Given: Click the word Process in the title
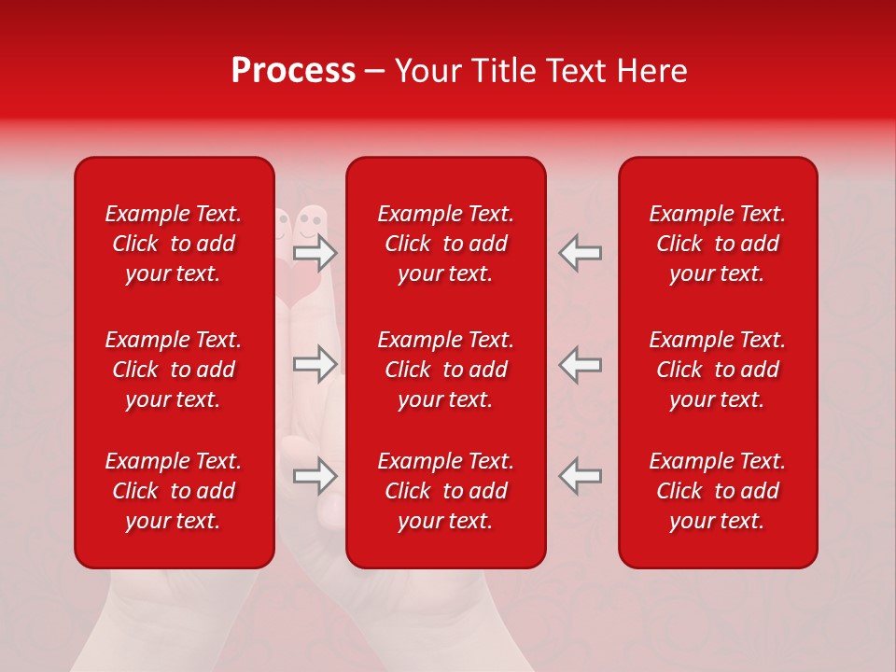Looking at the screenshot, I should [293, 71].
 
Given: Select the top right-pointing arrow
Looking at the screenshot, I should [315, 253].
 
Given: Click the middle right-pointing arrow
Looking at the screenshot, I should [315, 364].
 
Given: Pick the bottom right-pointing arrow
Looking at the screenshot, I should [315, 475].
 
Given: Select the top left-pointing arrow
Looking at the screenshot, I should [580, 253].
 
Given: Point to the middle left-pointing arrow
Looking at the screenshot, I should [580, 364].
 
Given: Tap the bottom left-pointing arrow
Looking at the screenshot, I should [580, 475].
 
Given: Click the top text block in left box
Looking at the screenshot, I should [174, 244].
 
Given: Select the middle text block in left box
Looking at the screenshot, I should [174, 370].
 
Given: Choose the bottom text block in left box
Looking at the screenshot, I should [174, 491].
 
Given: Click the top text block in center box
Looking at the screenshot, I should [445, 244].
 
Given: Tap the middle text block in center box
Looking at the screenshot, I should [445, 370].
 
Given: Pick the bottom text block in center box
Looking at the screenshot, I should [445, 491].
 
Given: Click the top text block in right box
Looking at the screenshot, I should [717, 244].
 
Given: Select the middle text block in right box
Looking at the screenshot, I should [717, 370].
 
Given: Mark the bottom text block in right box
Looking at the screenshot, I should [717, 491].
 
